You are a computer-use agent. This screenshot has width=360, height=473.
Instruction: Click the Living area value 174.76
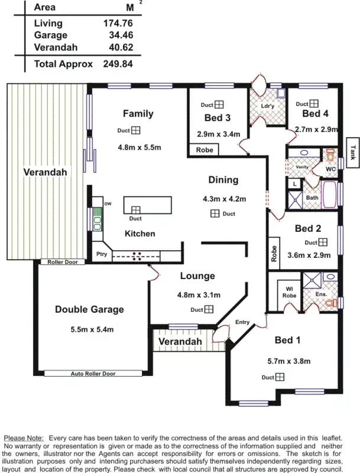pos(117,23)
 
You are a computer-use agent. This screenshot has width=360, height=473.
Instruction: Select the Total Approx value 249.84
pos(117,64)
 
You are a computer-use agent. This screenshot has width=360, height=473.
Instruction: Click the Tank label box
pos(353,153)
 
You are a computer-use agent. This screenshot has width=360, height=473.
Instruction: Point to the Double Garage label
pos(89,309)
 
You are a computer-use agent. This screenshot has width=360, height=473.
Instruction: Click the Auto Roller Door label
pos(93,374)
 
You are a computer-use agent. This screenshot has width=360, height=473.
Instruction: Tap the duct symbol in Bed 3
pos(219,104)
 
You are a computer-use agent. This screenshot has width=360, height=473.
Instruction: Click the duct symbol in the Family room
pos(135,131)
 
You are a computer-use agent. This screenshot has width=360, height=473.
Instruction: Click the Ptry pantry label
pos(101,255)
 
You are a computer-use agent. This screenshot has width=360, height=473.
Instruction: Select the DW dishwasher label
pos(108,204)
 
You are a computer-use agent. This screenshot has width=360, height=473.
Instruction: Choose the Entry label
pos(242,322)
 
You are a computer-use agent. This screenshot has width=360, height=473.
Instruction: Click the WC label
pos(331,169)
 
